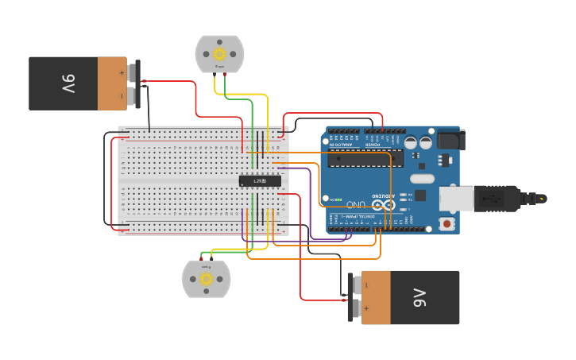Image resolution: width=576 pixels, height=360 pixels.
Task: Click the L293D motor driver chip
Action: click(260, 181)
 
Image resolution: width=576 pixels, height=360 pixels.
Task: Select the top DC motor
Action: click(219, 54)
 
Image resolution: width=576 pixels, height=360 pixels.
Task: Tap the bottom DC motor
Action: click(206, 280)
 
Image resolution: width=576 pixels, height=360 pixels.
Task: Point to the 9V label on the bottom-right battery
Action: click(420, 298)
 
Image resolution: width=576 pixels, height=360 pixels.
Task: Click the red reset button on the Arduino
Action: click(447, 224)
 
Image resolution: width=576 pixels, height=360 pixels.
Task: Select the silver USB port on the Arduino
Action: click(456, 198)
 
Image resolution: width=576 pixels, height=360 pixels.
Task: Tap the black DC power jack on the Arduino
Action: click(450, 140)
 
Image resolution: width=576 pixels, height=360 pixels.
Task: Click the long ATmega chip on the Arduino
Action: click(359, 159)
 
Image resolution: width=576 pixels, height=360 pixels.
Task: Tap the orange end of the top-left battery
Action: click(112, 83)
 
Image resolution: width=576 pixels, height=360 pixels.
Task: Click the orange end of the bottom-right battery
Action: click(377, 298)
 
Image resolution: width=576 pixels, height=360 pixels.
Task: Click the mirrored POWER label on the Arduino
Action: click(373, 145)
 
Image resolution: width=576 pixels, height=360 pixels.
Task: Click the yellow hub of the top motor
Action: click(219, 54)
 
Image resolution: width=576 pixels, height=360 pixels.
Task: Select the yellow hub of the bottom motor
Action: click(206, 279)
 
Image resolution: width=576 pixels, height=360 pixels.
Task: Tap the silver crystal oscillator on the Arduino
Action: click(422, 179)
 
